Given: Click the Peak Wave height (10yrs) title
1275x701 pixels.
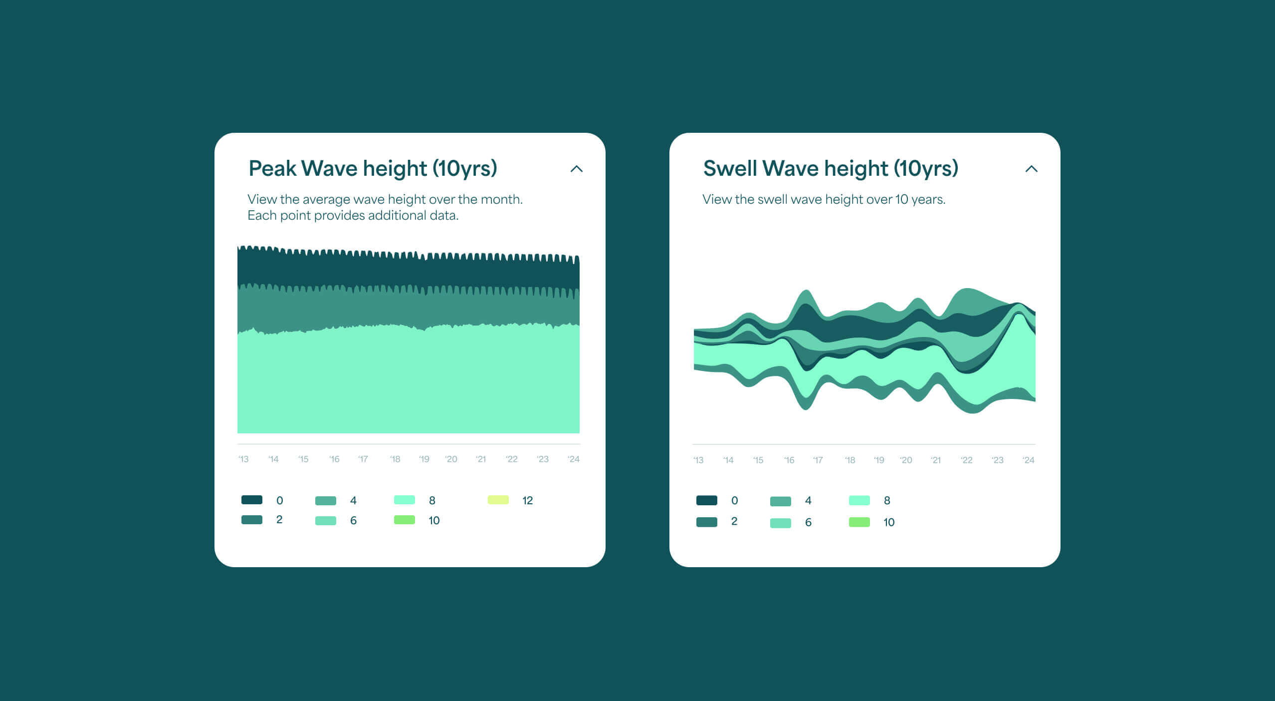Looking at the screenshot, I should click(373, 169).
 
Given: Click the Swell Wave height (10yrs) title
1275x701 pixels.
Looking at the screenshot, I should click(831, 169).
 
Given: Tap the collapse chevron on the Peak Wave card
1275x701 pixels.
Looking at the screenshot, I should click(576, 169).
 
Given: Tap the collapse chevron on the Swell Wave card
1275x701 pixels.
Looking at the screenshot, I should click(1031, 169).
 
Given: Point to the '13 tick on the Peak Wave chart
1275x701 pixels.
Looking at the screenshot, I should click(243, 459).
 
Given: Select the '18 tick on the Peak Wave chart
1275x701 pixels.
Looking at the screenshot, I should click(395, 459).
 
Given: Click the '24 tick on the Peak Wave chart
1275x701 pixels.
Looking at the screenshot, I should click(574, 459).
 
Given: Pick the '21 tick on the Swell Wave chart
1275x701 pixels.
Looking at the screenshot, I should click(936, 460).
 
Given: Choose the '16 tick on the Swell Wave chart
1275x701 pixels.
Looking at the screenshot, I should click(789, 460).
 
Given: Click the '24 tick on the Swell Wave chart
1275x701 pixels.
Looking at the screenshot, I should click(1029, 460).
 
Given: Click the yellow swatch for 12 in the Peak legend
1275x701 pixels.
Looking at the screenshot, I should click(498, 500).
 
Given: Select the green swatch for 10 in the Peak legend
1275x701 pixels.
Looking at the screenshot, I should click(405, 520).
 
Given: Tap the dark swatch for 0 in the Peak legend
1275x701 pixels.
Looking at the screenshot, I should click(252, 500).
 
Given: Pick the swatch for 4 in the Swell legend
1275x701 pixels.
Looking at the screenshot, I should click(781, 501).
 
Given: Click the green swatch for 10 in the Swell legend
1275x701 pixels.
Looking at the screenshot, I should click(859, 522).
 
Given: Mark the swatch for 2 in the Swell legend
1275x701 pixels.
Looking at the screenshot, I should click(707, 522).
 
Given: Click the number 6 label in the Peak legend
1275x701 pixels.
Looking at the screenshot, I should click(353, 521).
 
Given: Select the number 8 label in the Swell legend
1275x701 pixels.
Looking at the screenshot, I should click(887, 501).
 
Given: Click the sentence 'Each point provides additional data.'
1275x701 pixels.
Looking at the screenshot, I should click(353, 216).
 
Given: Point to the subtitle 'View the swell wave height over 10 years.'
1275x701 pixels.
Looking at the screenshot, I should click(824, 200).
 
